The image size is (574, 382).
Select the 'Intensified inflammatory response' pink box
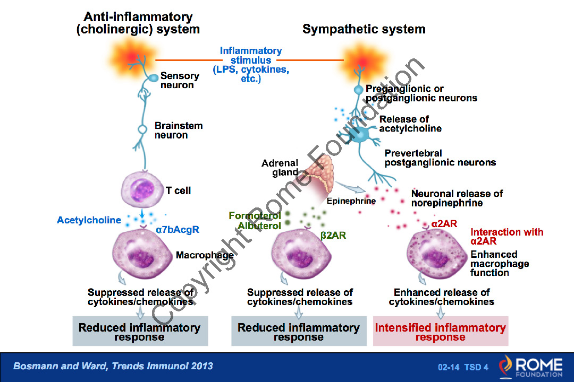(440, 332)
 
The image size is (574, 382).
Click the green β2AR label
(333, 235)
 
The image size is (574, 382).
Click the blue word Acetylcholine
(89, 220)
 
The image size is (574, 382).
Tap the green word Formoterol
(255, 216)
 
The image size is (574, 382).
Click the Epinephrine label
(351, 201)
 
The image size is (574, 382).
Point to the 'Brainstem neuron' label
(179, 131)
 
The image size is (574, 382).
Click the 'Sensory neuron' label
(180, 81)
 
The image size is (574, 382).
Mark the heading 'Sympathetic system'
(364, 29)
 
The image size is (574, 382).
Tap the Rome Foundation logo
(530, 367)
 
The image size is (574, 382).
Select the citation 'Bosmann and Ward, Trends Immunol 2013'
(113, 366)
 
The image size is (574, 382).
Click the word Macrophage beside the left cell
(205, 255)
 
